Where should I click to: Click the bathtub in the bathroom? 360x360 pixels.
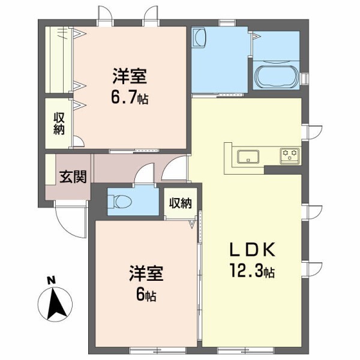(x=277, y=77)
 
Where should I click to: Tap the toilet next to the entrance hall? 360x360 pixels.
(x=120, y=201)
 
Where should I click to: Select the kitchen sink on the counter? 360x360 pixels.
(x=248, y=157)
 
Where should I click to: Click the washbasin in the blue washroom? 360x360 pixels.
(x=200, y=40)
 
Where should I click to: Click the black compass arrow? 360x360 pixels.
(x=58, y=303)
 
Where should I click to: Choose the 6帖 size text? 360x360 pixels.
(x=145, y=295)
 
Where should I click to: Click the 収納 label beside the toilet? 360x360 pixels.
(x=180, y=202)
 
